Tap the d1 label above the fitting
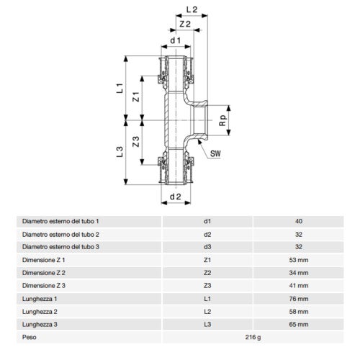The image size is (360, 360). (174, 41)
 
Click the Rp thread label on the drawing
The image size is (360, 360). (224, 122)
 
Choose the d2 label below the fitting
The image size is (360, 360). (174, 197)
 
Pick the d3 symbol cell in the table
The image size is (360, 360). (209, 247)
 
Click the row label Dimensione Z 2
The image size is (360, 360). (44, 273)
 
